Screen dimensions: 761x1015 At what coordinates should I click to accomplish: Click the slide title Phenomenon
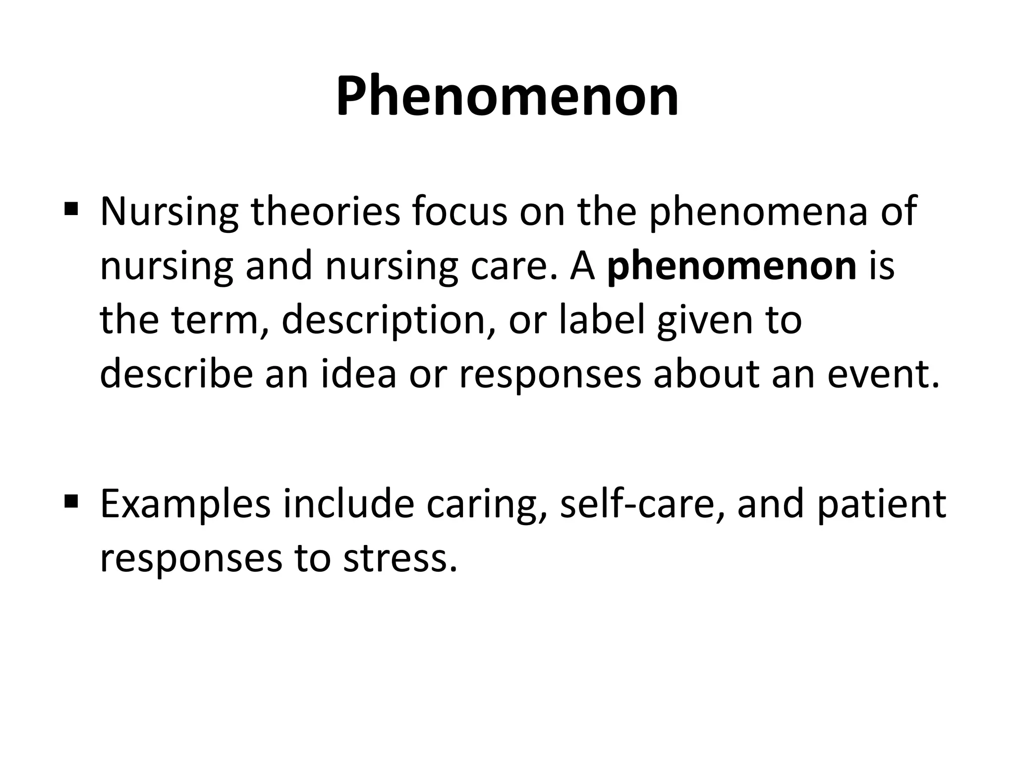(x=507, y=96)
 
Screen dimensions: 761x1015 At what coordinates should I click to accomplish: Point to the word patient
(x=882, y=504)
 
